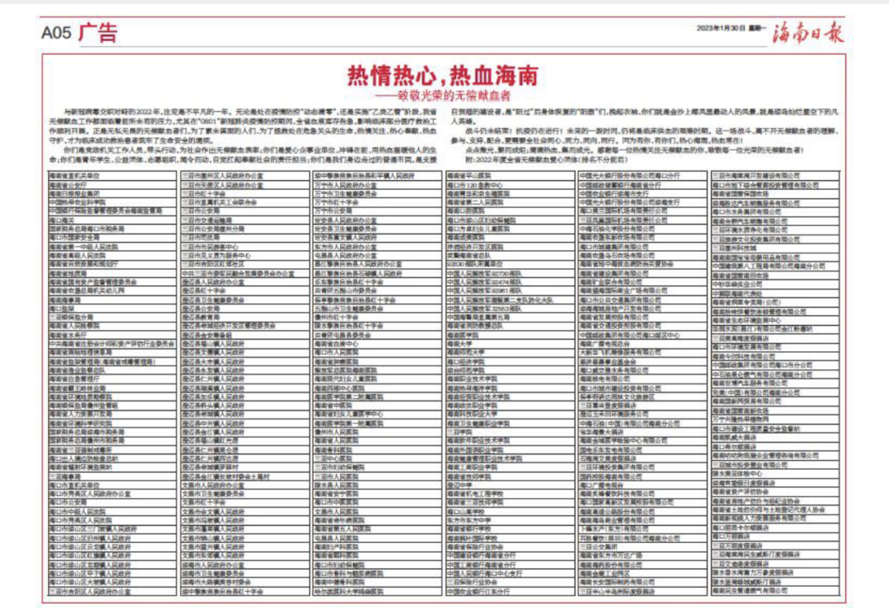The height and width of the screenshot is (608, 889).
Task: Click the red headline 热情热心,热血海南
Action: (443, 77)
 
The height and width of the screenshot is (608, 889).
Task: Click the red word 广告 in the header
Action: (99, 33)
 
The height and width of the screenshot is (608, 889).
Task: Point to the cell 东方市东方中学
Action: (468, 521)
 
